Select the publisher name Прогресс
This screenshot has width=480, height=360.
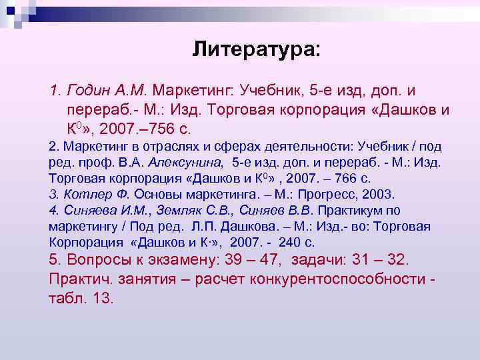311,194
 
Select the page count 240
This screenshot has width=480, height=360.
285,242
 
